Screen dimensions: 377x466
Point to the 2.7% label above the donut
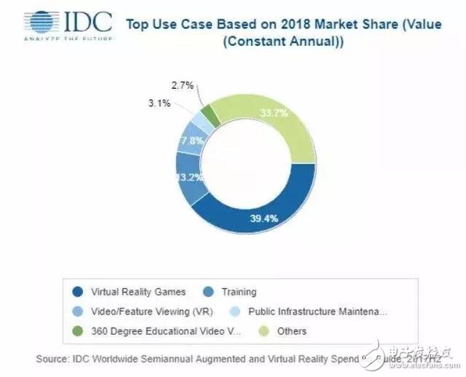pos(183,85)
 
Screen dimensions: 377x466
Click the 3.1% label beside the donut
pos(159,103)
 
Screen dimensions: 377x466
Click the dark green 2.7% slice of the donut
pos(210,114)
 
